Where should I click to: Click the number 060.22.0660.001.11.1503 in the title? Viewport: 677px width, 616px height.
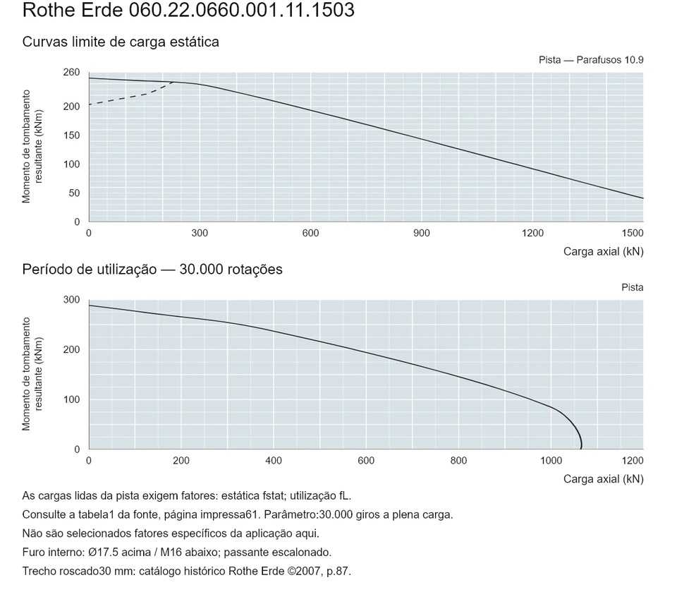pyautogui.click(x=242, y=11)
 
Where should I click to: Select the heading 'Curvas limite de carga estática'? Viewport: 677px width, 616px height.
pyautogui.click(x=121, y=42)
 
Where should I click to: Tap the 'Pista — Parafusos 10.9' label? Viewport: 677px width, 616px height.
pyautogui.click(x=591, y=60)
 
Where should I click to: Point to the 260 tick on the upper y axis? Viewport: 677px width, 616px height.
pyautogui.click(x=72, y=72)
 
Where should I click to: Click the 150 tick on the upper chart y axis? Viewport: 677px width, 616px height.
pyautogui.click(x=72, y=135)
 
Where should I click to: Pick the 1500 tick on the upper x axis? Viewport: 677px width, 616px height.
pyautogui.click(x=633, y=234)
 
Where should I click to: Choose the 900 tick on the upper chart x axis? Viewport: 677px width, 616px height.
pyautogui.click(x=422, y=234)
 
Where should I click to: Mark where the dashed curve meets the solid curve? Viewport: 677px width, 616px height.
pyautogui.click(x=173, y=82)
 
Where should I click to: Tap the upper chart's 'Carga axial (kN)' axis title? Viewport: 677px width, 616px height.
pyautogui.click(x=603, y=252)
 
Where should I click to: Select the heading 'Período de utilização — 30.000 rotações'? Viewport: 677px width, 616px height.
pyautogui.click(x=152, y=270)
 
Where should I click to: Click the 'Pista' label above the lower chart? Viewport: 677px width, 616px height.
pyautogui.click(x=633, y=288)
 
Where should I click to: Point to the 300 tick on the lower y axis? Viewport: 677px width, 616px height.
pyautogui.click(x=72, y=300)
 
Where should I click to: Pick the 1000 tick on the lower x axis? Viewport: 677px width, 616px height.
pyautogui.click(x=551, y=461)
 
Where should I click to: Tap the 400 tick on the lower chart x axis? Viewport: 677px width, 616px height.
pyautogui.click(x=274, y=461)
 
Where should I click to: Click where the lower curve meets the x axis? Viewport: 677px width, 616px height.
pyautogui.click(x=581, y=449)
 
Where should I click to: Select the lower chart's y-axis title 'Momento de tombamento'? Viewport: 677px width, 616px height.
pyautogui.click(x=26, y=374)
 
